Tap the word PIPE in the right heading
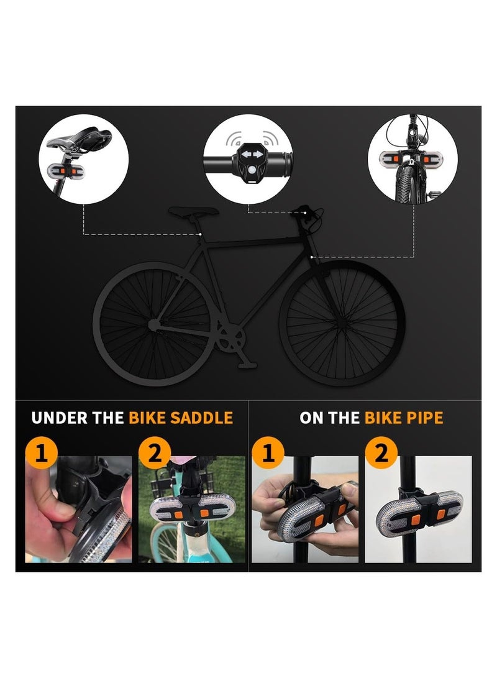425,417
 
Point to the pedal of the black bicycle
248,365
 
